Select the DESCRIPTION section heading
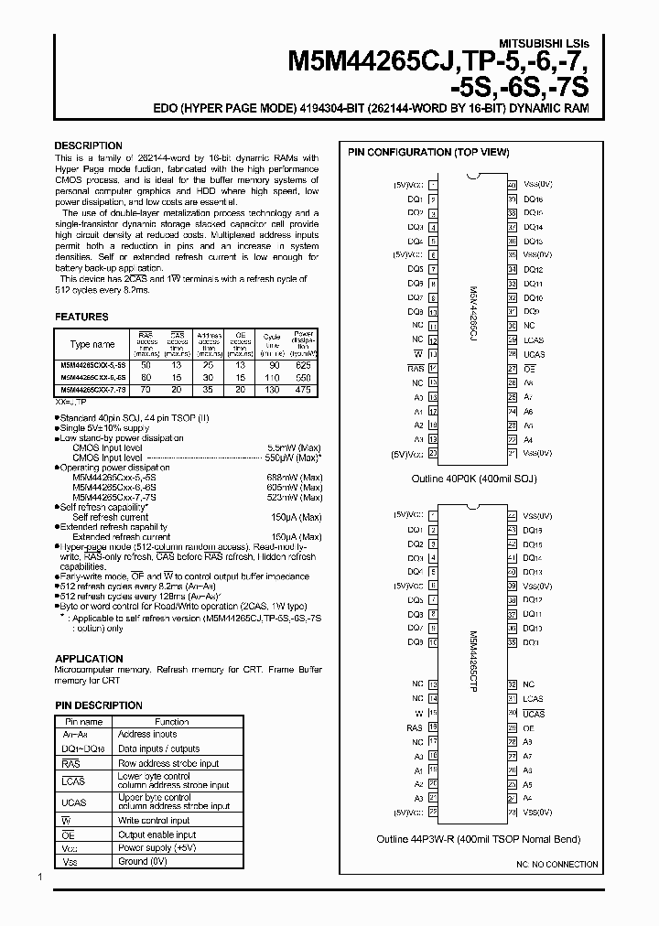[88, 145]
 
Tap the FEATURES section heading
[81, 317]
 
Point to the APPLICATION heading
[89, 659]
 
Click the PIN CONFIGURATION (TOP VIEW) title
[428, 152]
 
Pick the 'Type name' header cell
[92, 344]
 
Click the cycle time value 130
[272, 389]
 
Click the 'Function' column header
[171, 722]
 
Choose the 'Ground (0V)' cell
[144, 860]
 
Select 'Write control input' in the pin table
[154, 821]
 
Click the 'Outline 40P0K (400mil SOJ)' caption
[473, 479]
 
